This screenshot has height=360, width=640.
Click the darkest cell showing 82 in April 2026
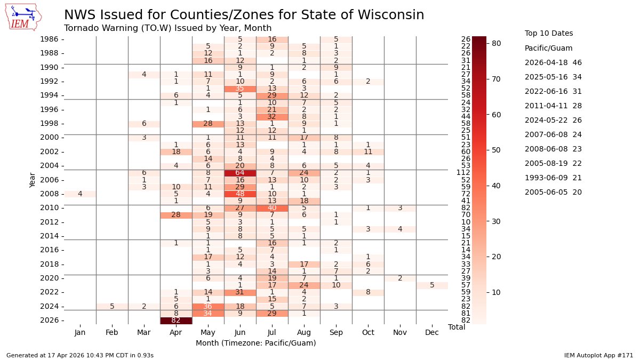[176, 320]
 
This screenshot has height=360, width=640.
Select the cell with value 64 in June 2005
[240, 173]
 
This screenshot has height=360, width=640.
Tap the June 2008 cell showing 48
[240, 194]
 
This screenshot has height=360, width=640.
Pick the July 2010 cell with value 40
[272, 208]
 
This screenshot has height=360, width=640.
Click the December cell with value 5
[432, 285]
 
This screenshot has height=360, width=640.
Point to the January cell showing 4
[80, 194]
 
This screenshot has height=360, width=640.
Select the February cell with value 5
[112, 306]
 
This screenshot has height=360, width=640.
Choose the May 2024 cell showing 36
[208, 306]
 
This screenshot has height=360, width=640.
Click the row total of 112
[461, 173]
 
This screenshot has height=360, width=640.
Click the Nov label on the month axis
[400, 332]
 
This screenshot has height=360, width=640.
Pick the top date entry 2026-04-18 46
[553, 62]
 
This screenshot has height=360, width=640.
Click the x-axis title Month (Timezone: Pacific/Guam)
[255, 343]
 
